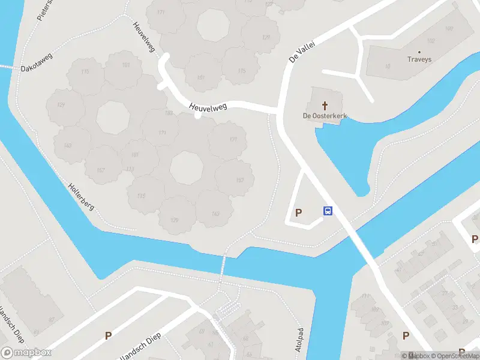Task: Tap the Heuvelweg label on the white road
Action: click(207, 106)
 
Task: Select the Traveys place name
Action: click(419, 59)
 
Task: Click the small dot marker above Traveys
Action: click(419, 52)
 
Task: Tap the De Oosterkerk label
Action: click(325, 115)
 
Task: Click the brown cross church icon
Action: click(325, 104)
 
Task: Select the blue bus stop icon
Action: click(328, 211)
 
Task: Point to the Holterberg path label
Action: click(82, 198)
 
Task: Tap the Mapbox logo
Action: click(26, 352)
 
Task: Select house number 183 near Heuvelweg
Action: click(169, 113)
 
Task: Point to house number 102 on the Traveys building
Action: click(430, 41)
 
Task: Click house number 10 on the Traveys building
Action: click(388, 67)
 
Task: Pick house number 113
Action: click(131, 169)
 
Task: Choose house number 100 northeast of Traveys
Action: click(449, 28)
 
